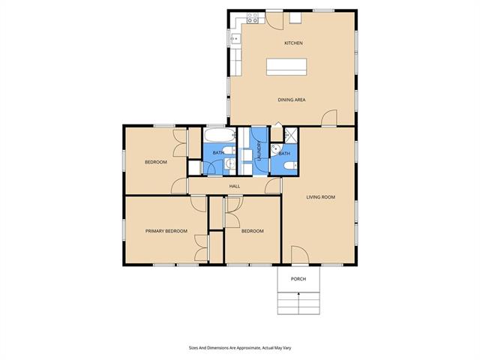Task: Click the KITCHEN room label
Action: [x=293, y=43]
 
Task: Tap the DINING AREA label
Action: [x=292, y=100]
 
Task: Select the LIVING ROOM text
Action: [x=320, y=197]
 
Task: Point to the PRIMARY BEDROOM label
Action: [x=166, y=231]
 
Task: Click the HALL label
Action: [x=235, y=186]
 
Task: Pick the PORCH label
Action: [x=298, y=279]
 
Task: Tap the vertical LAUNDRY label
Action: [x=259, y=151]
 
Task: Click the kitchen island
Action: [x=286, y=67]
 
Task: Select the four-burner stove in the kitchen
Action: [x=253, y=18]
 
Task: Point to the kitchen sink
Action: [x=235, y=39]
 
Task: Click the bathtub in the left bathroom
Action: [x=220, y=135]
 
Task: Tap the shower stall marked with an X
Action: [x=290, y=135]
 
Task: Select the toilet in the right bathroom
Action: [x=290, y=166]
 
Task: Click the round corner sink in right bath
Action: [x=276, y=149]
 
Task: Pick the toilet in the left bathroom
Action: [x=229, y=150]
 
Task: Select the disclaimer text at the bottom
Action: [x=240, y=348]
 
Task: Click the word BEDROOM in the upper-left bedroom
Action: [x=156, y=162]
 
